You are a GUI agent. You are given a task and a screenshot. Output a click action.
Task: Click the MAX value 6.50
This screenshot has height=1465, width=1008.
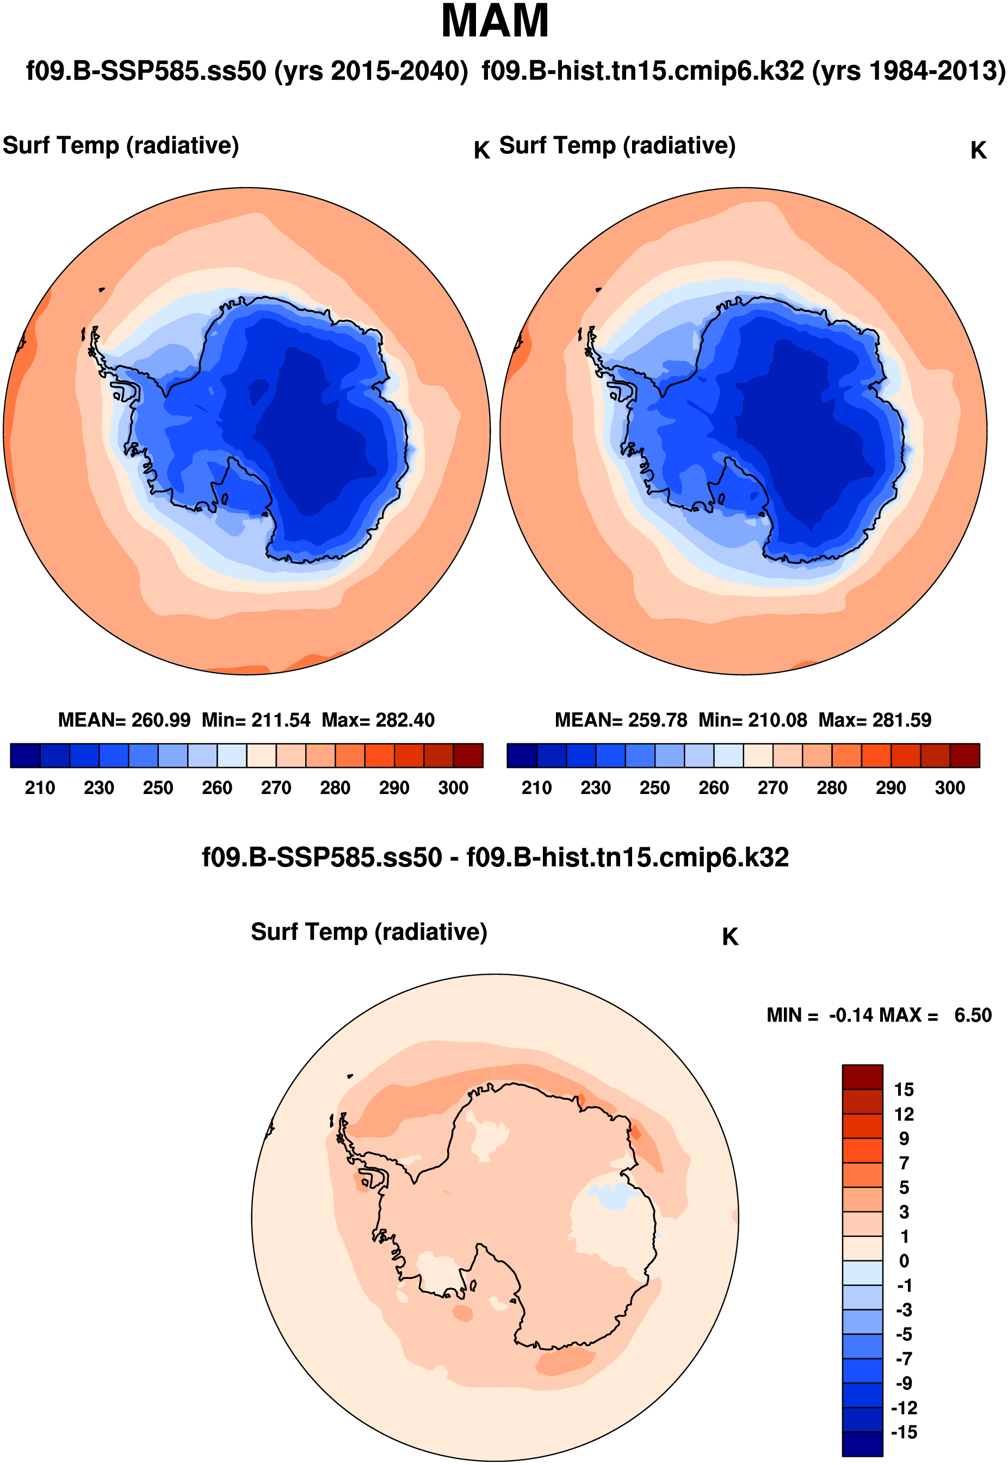[x=973, y=1015]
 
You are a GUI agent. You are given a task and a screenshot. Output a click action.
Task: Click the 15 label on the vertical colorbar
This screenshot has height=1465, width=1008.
[x=904, y=1089]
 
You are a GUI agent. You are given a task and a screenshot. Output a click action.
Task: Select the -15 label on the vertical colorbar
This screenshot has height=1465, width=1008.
[x=903, y=1432]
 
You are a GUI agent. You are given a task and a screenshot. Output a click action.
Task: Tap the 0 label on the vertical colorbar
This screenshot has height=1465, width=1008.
[x=904, y=1261]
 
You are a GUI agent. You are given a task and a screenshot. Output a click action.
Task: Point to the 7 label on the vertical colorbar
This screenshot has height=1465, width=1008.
[x=904, y=1163]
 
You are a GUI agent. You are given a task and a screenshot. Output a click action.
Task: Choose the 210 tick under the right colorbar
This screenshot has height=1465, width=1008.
[x=536, y=788]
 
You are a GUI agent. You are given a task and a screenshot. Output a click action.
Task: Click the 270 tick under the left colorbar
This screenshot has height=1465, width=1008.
[x=276, y=788]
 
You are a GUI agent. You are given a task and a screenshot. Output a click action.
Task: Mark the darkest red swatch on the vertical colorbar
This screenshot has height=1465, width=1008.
[x=862, y=1077]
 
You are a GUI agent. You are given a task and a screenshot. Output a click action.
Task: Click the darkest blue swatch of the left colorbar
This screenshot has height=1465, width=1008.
[x=25, y=755]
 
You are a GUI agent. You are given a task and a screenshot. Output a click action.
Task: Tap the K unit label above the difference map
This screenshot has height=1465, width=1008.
[x=730, y=937]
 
